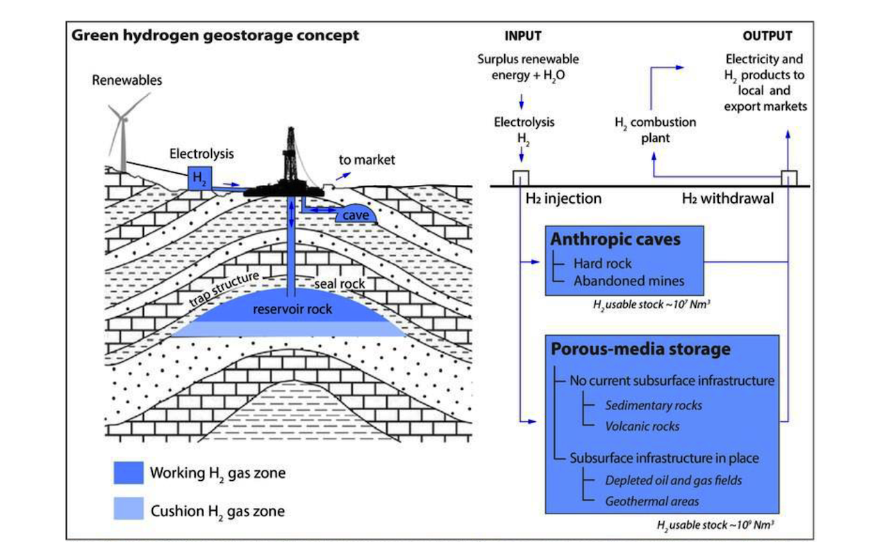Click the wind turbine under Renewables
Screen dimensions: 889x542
124,135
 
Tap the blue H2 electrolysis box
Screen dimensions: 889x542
199,179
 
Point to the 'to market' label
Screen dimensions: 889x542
367,160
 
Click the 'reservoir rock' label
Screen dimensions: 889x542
292,309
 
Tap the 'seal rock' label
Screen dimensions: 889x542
340,284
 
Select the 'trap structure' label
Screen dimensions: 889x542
224,288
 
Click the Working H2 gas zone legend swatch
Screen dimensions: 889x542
128,473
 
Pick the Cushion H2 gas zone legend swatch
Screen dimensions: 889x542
128,508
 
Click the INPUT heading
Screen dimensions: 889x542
523,36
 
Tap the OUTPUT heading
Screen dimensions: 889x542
767,36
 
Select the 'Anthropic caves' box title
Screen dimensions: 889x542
615,240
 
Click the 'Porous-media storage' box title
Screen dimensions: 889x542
640,350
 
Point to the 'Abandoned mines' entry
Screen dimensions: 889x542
629,281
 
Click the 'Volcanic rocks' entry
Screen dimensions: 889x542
642,427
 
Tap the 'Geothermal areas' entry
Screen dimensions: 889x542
651,502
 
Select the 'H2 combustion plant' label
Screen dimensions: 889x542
655,130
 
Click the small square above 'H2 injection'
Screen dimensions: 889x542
521,178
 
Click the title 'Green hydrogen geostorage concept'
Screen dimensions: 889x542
215,35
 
